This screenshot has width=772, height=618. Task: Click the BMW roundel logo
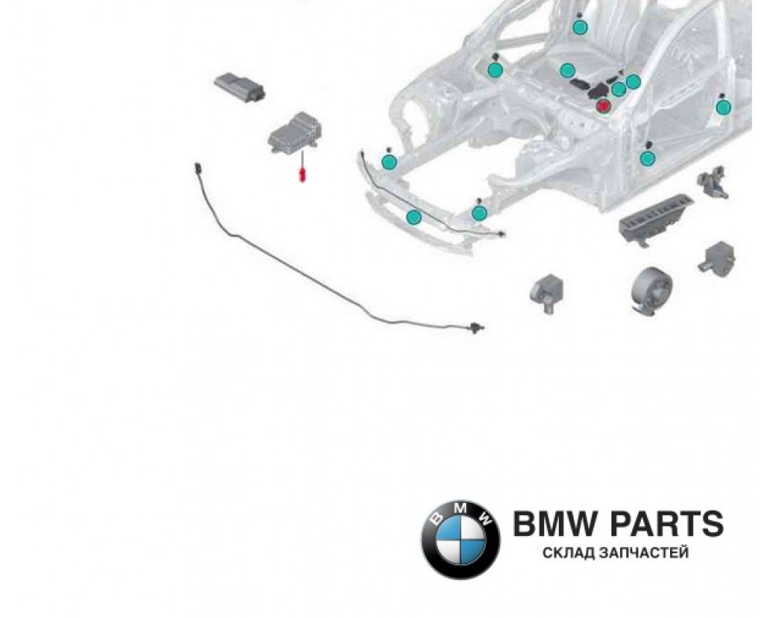460,538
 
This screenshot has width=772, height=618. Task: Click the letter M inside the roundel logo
460,510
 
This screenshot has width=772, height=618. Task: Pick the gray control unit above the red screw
294,134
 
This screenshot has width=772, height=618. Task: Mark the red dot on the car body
603,105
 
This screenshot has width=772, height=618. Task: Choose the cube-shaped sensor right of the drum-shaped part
716,255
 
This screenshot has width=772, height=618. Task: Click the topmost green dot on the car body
580,27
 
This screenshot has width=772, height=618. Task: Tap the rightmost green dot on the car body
723,107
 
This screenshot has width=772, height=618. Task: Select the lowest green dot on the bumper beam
414,217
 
